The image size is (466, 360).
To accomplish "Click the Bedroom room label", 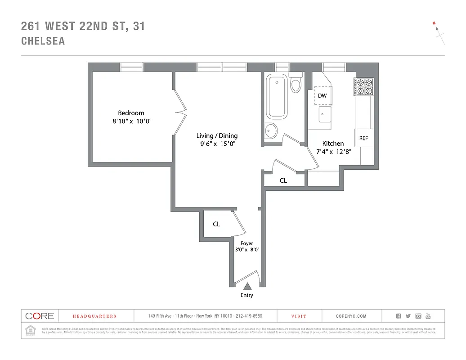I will (131, 113).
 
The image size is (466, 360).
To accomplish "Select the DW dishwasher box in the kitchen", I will (322, 96).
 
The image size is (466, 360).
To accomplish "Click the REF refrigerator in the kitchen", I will (363, 138).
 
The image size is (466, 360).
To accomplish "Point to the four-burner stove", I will (364, 86).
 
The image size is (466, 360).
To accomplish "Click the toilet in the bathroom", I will (296, 83).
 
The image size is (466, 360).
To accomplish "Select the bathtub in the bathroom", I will (276, 97).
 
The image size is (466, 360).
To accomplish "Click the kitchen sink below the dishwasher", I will (324, 114).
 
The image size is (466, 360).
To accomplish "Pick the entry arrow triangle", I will (246, 286).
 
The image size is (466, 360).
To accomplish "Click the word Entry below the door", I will (246, 295).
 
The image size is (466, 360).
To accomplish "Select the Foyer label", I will (246, 243).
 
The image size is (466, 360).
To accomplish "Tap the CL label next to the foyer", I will (216, 224).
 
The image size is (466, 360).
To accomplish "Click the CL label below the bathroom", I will (283, 180).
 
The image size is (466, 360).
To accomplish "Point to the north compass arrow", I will (438, 29).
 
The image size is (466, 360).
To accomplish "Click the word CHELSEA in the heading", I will (43, 41).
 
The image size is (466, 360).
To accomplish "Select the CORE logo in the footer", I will (40, 316).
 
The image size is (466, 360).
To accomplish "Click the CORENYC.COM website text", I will (351, 316).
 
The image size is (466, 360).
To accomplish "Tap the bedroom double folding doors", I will (179, 111).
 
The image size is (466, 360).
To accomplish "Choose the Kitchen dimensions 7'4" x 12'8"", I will (333, 152).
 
